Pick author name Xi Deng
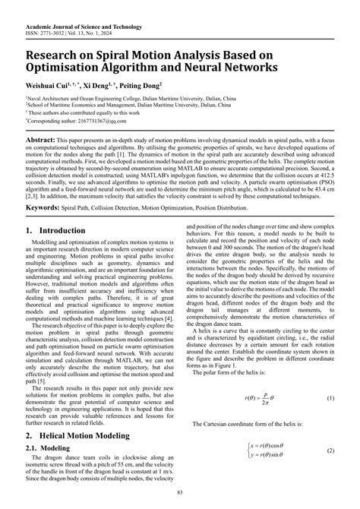(106, 88)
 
